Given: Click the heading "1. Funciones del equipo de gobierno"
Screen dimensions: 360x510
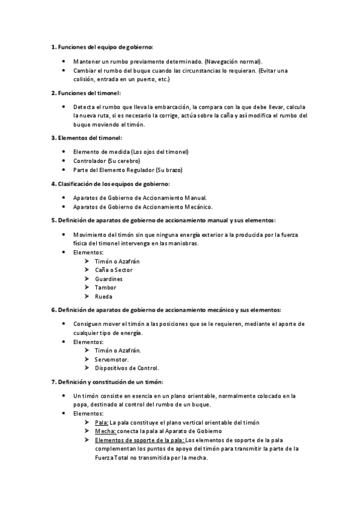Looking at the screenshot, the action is (x=102, y=46).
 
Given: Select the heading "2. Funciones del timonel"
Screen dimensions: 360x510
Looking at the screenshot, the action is (x=86, y=93).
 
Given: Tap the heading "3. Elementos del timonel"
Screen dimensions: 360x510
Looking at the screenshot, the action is (x=87, y=138).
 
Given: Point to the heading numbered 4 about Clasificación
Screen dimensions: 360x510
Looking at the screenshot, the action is (x=110, y=183).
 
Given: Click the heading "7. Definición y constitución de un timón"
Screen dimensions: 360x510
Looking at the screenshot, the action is (x=107, y=382).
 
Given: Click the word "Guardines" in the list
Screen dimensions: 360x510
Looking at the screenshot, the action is (x=109, y=279).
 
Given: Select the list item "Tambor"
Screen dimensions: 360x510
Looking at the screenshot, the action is (x=106, y=287).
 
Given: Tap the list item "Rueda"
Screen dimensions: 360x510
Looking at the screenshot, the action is (x=103, y=296).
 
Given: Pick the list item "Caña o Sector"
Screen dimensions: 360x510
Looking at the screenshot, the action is (x=114, y=270).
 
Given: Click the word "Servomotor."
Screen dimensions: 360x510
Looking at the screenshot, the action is (x=112, y=359).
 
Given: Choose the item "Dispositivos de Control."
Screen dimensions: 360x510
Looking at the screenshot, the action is (x=127, y=368).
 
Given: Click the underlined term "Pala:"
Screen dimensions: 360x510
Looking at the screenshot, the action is (x=102, y=423).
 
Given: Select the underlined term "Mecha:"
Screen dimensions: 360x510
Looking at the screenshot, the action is (x=105, y=431).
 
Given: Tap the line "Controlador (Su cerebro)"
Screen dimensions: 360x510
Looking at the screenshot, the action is (x=106, y=161).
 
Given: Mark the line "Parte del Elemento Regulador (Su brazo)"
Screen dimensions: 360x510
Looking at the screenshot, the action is (x=127, y=170).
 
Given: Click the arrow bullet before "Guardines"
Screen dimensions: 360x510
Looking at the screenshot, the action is (x=88, y=279).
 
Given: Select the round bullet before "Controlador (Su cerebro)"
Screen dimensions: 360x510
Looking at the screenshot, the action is (x=64, y=161).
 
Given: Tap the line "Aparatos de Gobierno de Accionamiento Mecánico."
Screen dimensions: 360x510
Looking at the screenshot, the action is (x=142, y=207).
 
